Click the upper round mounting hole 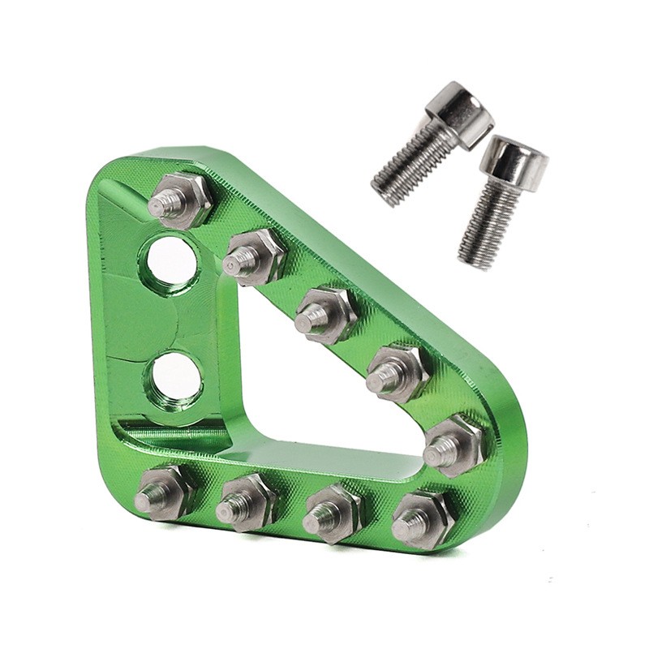click(x=171, y=261)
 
